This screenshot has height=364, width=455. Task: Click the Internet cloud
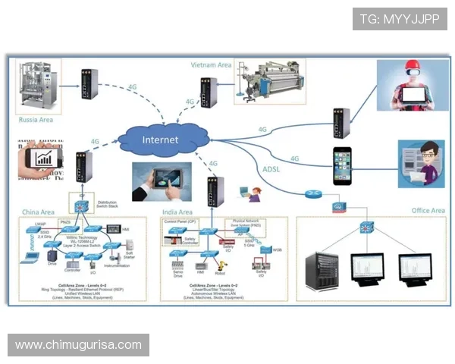tap(161, 140)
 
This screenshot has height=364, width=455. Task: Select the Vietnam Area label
tap(211, 65)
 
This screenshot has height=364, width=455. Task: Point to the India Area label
tap(177, 212)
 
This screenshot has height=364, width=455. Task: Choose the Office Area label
tap(428, 210)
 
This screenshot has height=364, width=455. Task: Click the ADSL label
tap(271, 169)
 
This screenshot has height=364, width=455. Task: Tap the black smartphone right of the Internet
tap(344, 165)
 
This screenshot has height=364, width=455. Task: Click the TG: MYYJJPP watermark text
tap(399, 19)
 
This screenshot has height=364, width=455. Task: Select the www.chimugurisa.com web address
tap(78, 345)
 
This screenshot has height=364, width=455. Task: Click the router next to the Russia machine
tap(89, 85)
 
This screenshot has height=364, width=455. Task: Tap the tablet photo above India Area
tap(162, 181)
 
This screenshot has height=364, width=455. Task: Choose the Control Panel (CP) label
tap(180, 221)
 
